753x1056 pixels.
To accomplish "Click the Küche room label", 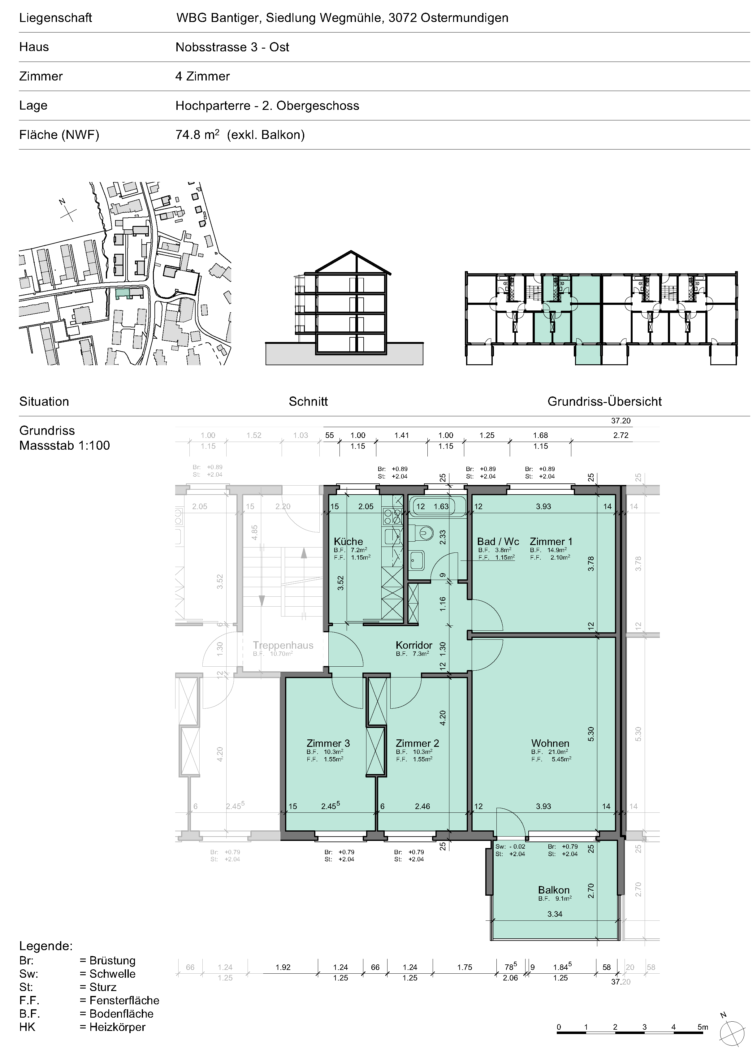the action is pos(348,541).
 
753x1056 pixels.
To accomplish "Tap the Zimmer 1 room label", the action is pos(551,541).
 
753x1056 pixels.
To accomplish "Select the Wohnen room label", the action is pos(550,743).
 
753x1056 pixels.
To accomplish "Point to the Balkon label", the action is pos(554,890).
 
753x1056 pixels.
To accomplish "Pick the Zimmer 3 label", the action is pos(328,743).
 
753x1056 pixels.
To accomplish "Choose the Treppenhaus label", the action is pos(283,645).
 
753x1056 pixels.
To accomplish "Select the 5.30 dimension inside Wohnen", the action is pos(591,734).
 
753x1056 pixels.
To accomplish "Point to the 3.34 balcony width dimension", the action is pos(555,914).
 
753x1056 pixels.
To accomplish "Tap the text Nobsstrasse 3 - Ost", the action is pos(232,47).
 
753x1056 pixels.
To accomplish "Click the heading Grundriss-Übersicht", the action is pos(605,401).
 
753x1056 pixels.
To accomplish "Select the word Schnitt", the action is pos(308,401).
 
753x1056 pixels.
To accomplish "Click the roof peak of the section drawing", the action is pos(351,251).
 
